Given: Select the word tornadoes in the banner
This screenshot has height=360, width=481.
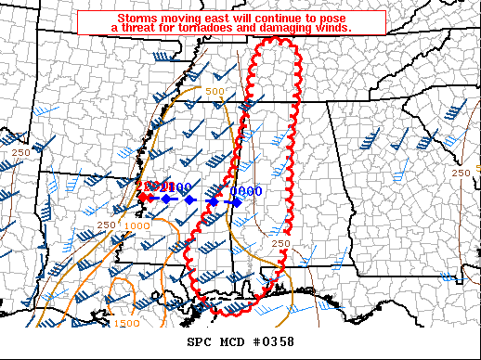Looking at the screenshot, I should click(249, 29).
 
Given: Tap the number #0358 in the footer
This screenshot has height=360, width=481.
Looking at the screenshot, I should click(272, 341).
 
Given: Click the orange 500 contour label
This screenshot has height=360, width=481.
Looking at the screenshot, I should click(214, 91).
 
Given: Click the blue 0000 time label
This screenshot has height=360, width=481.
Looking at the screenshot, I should click(246, 191).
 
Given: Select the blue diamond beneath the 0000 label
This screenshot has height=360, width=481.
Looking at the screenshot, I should click(236, 201).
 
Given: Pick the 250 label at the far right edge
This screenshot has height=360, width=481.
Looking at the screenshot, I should click(460, 174).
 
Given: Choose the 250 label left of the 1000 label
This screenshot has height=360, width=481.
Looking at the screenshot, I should click(105, 225).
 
